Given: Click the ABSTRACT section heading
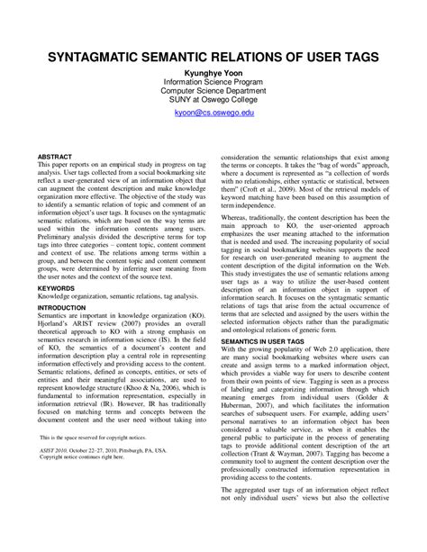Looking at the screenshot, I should coord(55,156).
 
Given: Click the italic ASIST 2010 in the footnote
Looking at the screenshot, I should coord(57,452).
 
